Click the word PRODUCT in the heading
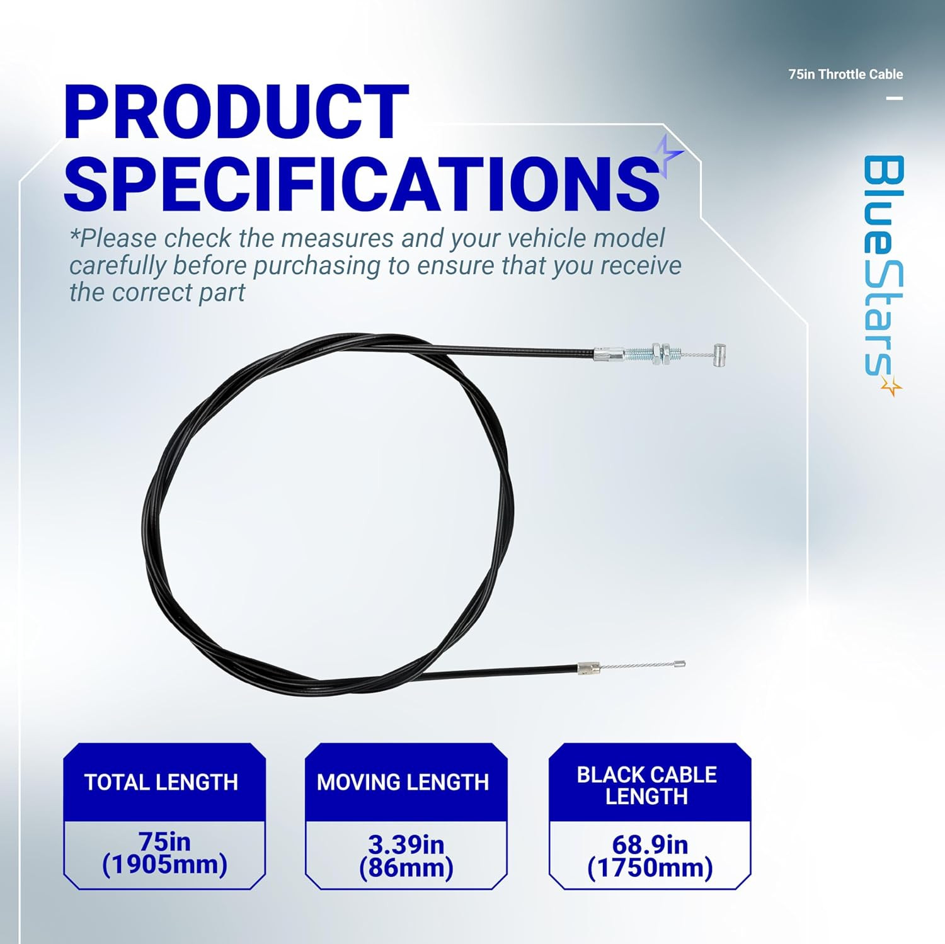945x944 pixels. tap(237, 111)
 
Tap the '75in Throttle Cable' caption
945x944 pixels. tap(845, 74)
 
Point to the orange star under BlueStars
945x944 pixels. tap(891, 386)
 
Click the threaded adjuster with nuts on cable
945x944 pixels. tap(651, 354)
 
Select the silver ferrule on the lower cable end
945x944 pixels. tap(588, 668)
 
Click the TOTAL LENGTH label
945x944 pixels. tap(161, 782)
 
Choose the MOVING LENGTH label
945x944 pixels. tap(403, 782)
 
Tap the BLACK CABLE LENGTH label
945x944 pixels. tap(647, 785)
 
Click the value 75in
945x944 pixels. tap(164, 841)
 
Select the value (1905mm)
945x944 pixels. tap(164, 865)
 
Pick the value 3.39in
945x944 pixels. tap(406, 844)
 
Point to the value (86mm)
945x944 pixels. tap(406, 868)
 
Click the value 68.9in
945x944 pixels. tap(650, 844)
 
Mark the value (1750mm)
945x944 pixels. tap(650, 868)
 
